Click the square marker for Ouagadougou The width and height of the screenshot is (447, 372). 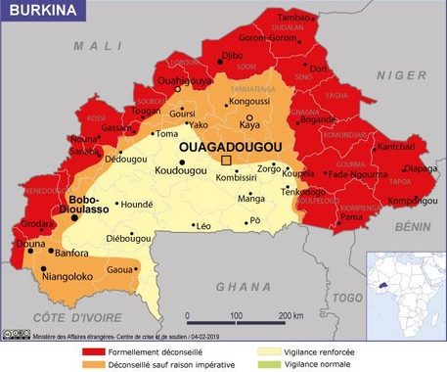[x=227, y=161]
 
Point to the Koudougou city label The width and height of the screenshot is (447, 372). [x=181, y=172]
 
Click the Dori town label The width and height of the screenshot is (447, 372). [x=319, y=70]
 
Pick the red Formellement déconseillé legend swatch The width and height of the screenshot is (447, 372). [x=92, y=350]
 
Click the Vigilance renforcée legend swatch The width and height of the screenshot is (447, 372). [x=267, y=350]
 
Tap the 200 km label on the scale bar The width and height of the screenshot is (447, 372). [x=291, y=315]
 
